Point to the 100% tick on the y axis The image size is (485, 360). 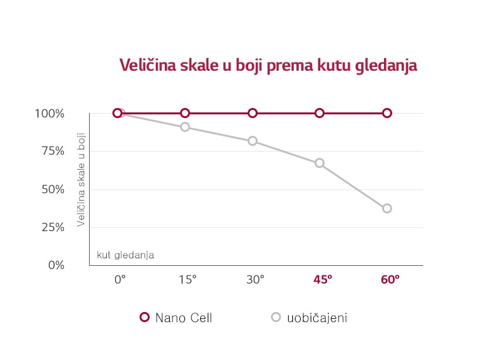pos(49,114)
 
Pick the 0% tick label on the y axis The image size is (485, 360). pos(56,265)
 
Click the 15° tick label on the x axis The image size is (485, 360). pos(186,279)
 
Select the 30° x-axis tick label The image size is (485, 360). pos(254,279)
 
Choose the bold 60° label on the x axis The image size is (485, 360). pos(390,279)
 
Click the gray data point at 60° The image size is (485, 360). pos(387,208)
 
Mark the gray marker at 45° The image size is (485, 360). pos(320,163)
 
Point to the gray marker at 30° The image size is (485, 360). pos(253,141)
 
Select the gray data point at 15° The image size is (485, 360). pos(185,127)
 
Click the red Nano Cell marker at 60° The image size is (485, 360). pos(387,113)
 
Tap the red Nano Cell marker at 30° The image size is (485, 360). pos(253,113)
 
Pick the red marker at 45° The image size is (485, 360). pos(320,113)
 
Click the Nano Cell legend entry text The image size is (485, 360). pos(184,318)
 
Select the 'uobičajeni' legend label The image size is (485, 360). pos(317,318)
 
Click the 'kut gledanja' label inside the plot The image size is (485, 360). pos(125,255)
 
